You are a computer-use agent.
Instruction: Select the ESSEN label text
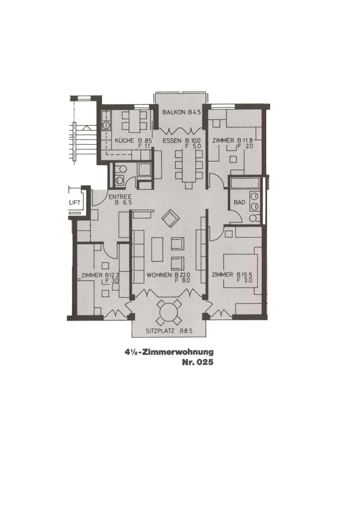pos(172,141)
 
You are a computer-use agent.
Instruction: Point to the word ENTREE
pos(117,197)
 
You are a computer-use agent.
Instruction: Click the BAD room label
pos(239,202)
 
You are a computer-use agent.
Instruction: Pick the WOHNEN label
pos(159,275)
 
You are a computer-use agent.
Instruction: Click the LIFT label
pos(74,202)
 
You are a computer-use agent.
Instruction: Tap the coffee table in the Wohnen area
pos(157,249)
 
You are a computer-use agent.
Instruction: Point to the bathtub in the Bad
pos(244,183)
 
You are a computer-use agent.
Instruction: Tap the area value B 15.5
pos(245,275)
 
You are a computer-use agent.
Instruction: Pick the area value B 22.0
pos(182,275)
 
